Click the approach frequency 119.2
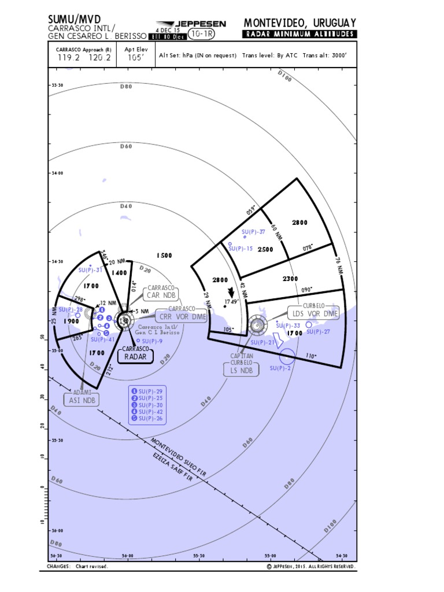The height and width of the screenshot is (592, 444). [69, 57]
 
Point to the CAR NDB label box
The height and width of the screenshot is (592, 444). [161, 295]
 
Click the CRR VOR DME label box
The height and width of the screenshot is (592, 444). [182, 317]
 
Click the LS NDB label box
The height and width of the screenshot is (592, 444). [242, 370]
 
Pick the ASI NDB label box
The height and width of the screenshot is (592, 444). [81, 400]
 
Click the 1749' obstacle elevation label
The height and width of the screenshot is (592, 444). [232, 301]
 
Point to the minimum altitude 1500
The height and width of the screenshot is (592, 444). [164, 255]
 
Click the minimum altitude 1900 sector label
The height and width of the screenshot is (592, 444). [72, 321]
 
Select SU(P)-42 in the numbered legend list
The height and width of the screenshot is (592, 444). [151, 412]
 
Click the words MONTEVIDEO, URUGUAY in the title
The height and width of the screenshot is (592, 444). [300, 23]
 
